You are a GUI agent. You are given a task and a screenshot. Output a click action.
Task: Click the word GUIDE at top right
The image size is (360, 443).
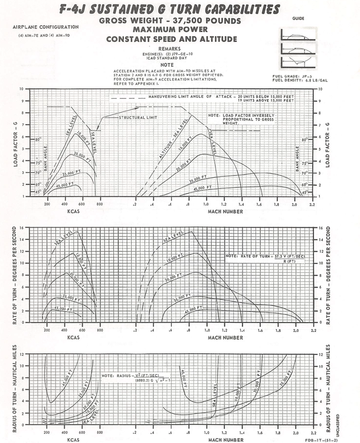point(298,19)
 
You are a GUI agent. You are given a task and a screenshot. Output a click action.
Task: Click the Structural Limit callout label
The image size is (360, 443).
point(136,117)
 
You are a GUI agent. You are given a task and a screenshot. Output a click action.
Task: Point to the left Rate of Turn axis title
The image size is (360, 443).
point(16,275)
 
